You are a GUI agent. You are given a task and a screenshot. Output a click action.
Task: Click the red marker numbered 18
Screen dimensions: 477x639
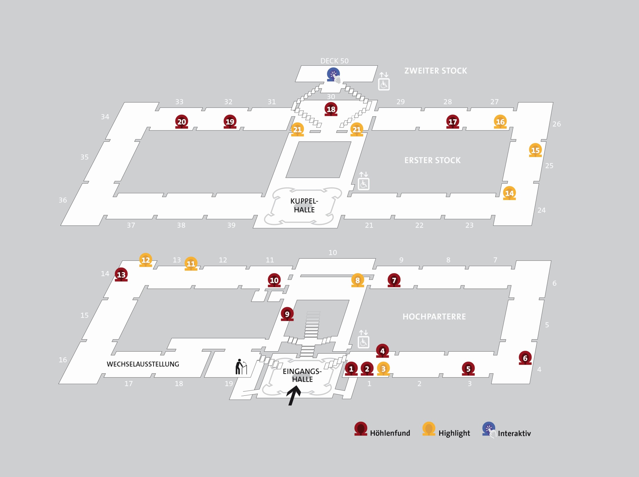[x=331, y=109]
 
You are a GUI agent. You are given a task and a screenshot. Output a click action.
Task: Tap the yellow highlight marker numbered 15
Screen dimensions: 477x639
[x=535, y=150]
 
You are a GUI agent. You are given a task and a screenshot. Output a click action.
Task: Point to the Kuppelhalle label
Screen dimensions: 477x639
[x=304, y=205]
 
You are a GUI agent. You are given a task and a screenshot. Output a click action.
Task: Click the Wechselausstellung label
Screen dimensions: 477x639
[x=143, y=364]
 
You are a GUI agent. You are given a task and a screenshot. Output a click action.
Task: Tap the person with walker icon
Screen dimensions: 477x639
[x=241, y=367]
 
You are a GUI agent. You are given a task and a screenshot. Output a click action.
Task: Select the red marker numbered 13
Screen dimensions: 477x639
[x=121, y=274]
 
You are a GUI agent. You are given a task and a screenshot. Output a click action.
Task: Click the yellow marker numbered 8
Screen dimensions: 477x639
[x=358, y=280]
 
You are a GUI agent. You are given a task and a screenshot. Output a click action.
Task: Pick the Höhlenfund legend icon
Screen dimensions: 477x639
[x=361, y=429]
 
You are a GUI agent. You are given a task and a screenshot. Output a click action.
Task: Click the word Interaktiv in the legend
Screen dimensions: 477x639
[x=514, y=433]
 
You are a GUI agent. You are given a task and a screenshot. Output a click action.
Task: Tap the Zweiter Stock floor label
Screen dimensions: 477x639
[x=436, y=71]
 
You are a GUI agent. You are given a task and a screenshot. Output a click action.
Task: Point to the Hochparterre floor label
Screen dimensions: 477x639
[x=434, y=316]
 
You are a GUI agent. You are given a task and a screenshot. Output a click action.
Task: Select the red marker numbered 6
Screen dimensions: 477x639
[x=525, y=358]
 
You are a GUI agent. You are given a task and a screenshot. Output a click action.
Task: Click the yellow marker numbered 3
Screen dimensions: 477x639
[x=383, y=369]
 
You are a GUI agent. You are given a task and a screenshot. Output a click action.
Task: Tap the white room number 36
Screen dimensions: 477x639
[x=63, y=200]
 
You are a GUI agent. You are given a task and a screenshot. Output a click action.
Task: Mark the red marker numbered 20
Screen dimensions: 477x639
[x=182, y=121]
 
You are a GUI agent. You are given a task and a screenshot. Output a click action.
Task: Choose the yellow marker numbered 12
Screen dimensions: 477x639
[x=146, y=260]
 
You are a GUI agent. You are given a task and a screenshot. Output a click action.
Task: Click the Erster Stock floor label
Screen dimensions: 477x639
[x=432, y=160]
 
